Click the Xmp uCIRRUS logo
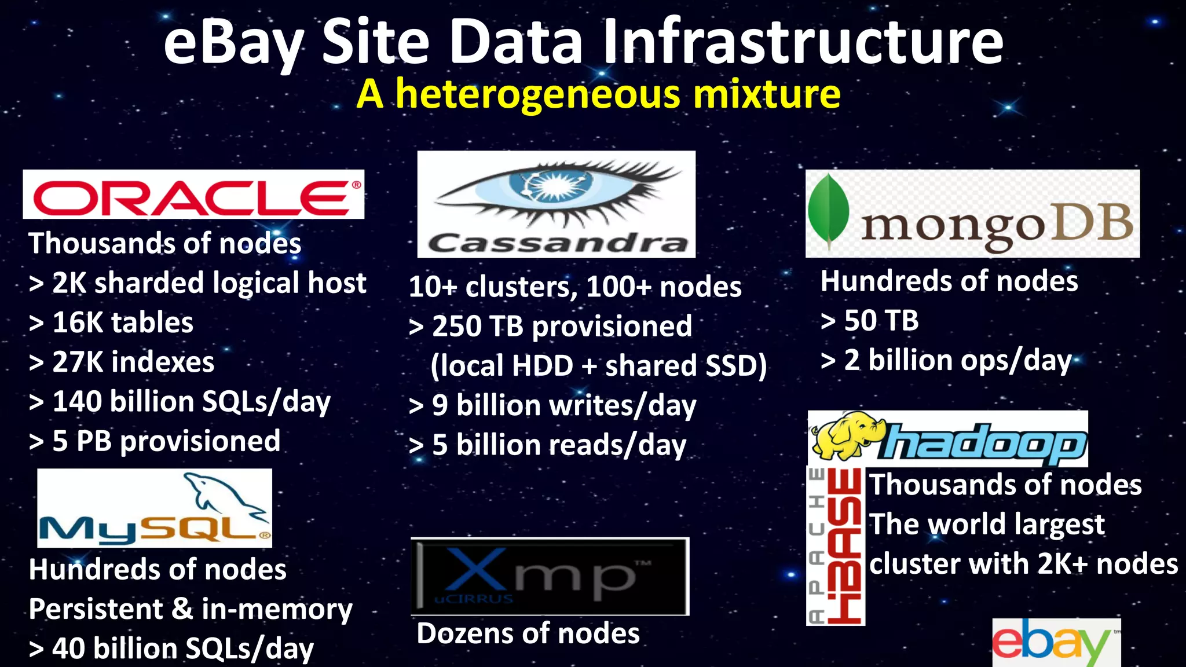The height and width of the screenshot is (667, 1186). click(x=549, y=576)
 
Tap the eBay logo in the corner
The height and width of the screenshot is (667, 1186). click(x=1055, y=643)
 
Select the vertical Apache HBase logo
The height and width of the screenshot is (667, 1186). click(x=836, y=546)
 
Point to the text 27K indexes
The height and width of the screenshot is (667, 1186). click(x=133, y=362)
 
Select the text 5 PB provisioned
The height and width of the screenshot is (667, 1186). click(x=166, y=441)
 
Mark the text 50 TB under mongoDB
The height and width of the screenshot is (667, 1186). click(x=881, y=321)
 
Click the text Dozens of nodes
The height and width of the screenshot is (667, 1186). click(x=528, y=633)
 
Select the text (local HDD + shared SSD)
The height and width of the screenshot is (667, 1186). click(x=598, y=366)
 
